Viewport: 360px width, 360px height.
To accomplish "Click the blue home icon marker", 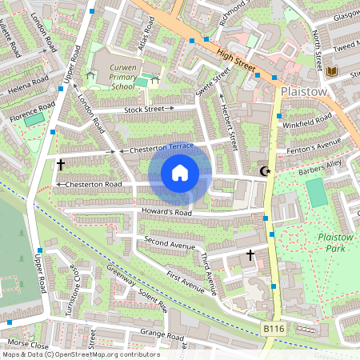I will click(180, 173).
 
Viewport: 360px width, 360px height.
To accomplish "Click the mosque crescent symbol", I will click(265, 171).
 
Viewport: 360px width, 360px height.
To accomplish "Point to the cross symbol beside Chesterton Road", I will click(61, 165).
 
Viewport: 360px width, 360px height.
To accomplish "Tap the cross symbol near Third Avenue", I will click(250, 256).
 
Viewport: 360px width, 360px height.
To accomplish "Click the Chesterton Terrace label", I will click(161, 147).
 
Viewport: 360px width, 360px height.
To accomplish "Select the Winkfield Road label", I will click(312, 121).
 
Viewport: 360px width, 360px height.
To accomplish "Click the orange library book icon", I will click(332, 72).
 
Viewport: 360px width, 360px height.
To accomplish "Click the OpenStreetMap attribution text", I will click(81, 354).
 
